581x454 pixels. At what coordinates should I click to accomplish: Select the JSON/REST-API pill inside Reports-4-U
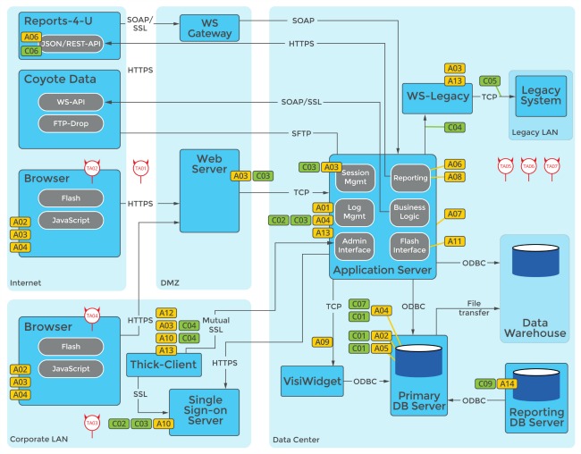click(x=70, y=43)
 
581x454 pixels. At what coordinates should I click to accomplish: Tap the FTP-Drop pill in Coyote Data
click(x=70, y=122)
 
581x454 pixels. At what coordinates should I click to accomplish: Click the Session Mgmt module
click(x=355, y=176)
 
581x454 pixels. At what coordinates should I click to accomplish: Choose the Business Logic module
click(x=409, y=212)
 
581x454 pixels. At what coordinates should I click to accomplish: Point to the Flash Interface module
click(x=409, y=245)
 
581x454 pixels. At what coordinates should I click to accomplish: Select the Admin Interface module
click(x=355, y=245)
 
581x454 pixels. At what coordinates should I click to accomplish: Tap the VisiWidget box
click(x=307, y=382)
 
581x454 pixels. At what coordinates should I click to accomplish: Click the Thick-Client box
click(x=163, y=364)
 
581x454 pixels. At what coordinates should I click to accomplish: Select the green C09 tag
click(x=485, y=383)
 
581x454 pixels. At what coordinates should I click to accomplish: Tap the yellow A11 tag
click(x=454, y=241)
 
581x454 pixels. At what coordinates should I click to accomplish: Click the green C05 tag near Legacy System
click(x=490, y=80)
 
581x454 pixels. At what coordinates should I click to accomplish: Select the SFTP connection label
click(x=302, y=132)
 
